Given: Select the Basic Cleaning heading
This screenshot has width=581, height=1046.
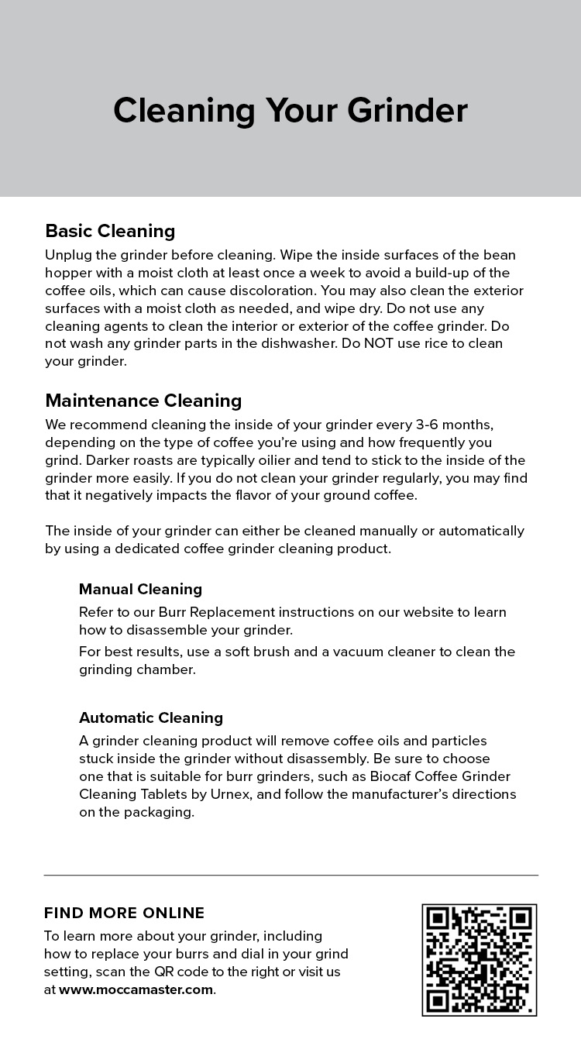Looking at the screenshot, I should point(110,231).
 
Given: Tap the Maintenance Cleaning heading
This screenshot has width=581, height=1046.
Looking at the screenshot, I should point(143,401).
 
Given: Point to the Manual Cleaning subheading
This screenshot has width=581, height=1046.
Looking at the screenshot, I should point(140,589).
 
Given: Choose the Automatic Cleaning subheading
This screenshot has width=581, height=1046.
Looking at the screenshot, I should point(151,717).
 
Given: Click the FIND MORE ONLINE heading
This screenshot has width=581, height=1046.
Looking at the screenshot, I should point(124,913).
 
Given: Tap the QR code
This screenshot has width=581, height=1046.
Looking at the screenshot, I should point(479,959).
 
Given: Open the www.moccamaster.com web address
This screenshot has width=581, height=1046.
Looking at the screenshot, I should point(136,989).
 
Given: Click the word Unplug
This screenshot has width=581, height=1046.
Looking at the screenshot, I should point(67,255).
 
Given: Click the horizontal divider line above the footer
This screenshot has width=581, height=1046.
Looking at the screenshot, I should point(290,876).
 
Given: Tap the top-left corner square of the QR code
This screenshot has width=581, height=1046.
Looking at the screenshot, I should point(438,920).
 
